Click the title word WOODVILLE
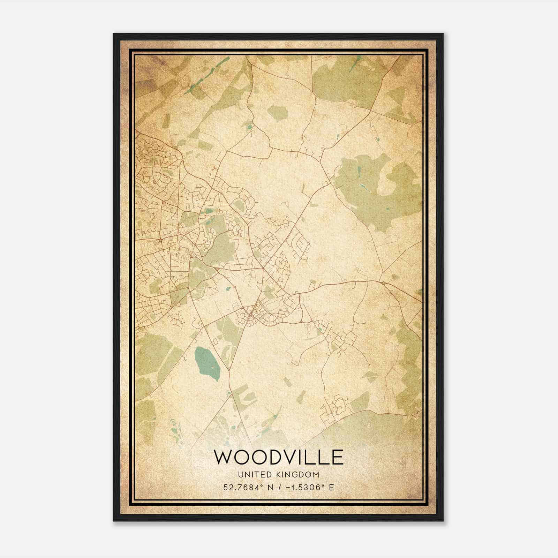(x=278, y=457)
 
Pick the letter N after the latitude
(x=269, y=487)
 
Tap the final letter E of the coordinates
(x=331, y=487)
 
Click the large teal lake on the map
(x=208, y=364)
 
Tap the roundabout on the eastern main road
(x=383, y=283)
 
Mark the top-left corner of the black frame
(x=114, y=34)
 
